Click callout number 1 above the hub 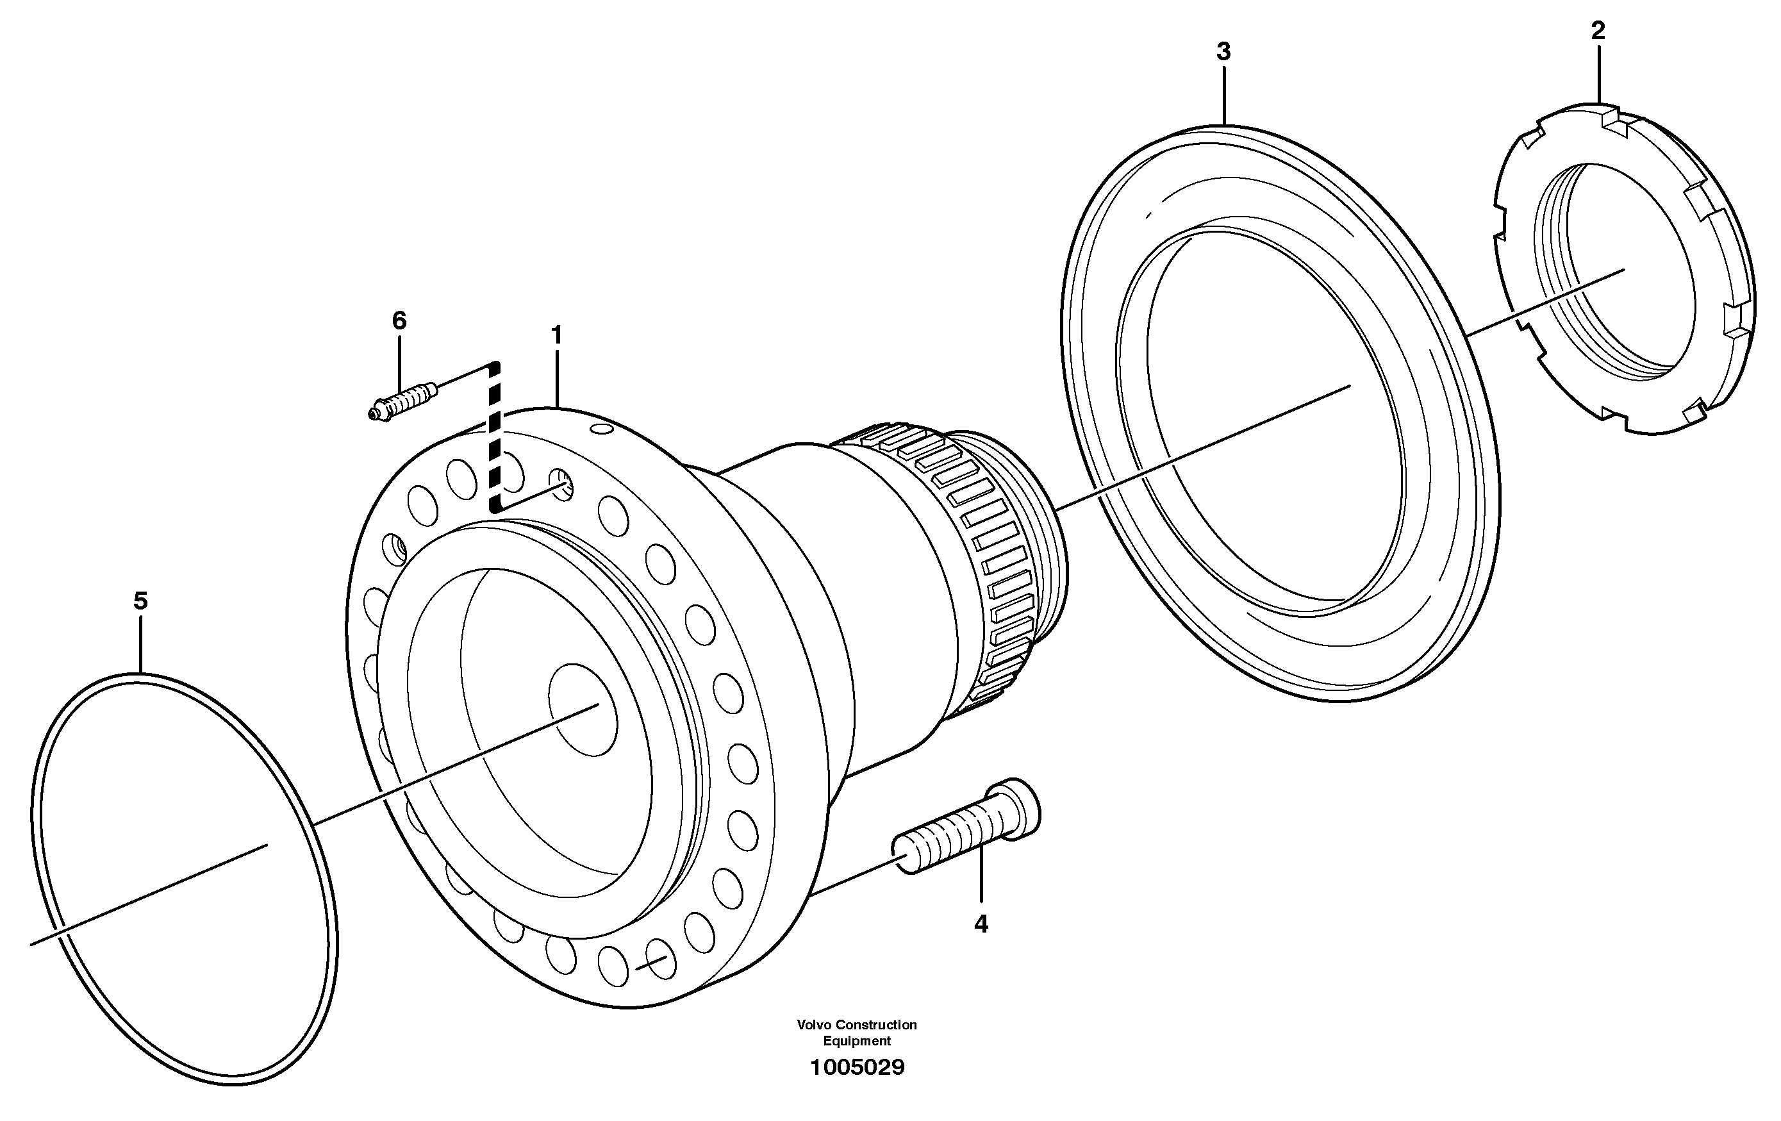[557, 336]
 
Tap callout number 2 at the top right [1598, 31]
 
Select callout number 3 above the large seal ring [1223, 52]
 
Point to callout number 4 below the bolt [981, 924]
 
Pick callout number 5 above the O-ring [140, 601]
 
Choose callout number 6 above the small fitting [399, 321]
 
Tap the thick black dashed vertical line [494, 436]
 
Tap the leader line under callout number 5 [140, 644]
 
